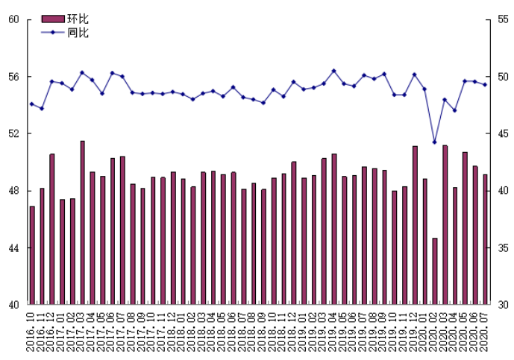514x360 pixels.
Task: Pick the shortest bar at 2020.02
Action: (x=435, y=271)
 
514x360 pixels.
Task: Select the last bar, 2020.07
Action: (x=485, y=239)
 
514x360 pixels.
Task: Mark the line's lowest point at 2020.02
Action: (x=435, y=142)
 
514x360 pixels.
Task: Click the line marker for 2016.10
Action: (x=32, y=104)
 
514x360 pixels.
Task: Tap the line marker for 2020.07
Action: (x=485, y=84)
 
